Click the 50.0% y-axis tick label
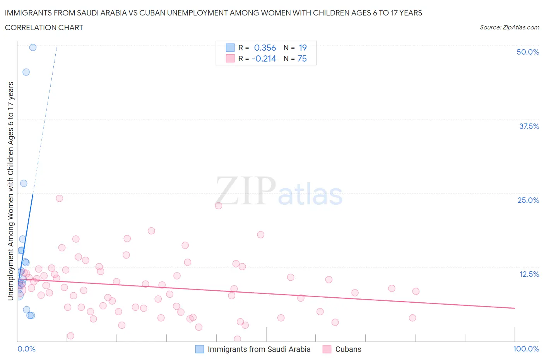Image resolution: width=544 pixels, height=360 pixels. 528,52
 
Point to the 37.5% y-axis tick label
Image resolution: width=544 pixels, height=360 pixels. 529,126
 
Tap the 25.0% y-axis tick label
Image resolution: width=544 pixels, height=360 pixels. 528,200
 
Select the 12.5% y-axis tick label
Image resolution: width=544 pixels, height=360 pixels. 529,274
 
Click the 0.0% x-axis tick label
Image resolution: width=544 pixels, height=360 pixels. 26,349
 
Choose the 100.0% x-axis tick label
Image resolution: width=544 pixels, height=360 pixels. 526,349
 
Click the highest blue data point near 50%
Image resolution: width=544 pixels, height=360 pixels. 33,47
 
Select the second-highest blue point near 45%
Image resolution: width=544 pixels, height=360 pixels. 26,72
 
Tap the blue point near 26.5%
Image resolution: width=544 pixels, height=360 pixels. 24,183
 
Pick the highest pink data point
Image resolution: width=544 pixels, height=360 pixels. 59,198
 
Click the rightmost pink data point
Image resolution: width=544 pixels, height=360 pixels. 416,291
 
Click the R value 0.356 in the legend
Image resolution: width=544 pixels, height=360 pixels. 265,48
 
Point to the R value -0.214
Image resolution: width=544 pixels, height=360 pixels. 264,58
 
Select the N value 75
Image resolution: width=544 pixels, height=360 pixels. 302,58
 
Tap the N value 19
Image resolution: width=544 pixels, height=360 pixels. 303,48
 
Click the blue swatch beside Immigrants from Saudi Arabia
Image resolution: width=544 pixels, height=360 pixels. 200,349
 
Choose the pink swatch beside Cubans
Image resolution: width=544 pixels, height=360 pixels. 327,349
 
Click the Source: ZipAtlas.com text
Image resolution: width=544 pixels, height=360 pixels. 509,27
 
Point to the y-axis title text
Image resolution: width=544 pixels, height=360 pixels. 10,191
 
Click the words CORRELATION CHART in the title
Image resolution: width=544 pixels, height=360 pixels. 44,27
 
